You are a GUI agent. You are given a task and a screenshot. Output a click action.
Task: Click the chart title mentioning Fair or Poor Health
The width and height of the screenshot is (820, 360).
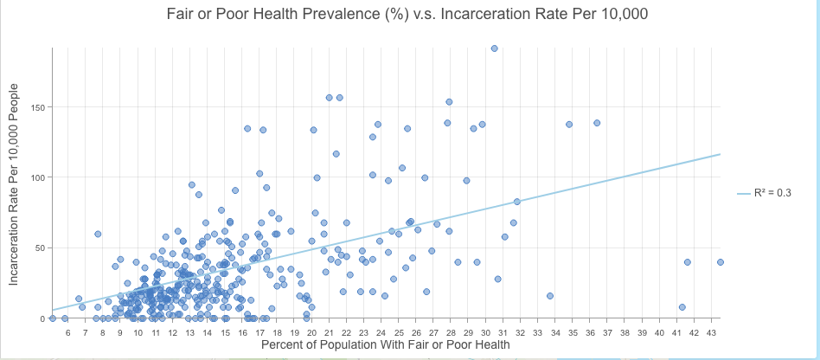click(407, 15)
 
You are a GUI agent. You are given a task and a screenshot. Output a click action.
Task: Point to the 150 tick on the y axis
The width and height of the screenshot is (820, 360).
click(39, 107)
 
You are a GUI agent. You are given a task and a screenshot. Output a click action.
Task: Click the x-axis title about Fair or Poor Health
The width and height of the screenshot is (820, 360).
click(386, 344)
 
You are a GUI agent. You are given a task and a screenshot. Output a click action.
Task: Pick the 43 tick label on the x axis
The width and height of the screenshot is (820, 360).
click(712, 331)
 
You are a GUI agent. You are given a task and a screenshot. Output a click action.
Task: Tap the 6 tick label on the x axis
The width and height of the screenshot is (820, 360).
click(68, 331)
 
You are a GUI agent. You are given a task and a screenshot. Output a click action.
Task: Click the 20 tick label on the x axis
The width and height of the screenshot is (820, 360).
click(311, 331)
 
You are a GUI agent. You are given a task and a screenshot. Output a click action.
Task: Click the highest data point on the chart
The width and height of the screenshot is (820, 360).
click(494, 48)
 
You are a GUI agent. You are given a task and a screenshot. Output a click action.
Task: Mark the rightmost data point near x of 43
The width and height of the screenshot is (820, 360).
click(720, 261)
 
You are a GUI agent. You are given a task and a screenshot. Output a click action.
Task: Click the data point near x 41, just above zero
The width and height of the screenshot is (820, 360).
click(682, 307)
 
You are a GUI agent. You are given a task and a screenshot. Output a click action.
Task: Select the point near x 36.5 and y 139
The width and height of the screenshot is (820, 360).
click(597, 123)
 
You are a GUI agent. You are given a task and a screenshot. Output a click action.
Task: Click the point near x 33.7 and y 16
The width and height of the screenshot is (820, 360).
click(550, 296)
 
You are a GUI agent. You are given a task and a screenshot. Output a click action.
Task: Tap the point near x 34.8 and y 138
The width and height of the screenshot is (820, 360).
click(569, 124)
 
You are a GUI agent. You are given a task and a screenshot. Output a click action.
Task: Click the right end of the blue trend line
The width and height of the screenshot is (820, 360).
click(720, 155)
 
